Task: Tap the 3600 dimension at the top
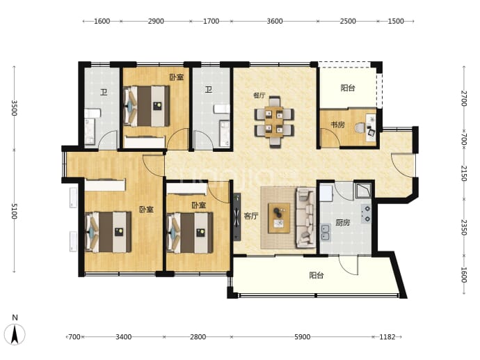(275, 21)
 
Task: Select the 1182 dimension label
(387, 337)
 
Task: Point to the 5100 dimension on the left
(14, 211)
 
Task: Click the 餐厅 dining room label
(259, 95)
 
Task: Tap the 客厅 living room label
(251, 216)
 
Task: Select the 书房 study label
(337, 125)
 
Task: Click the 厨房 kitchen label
(342, 222)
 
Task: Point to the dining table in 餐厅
(274, 122)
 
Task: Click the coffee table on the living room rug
(279, 218)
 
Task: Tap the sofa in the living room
(305, 218)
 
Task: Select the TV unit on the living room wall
(237, 217)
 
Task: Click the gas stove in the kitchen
(366, 214)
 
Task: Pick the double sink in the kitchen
(325, 233)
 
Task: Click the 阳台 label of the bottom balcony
(317, 276)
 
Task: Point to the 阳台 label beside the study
(348, 88)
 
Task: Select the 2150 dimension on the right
(464, 173)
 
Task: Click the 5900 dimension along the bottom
(302, 337)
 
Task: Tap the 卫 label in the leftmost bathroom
(104, 92)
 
